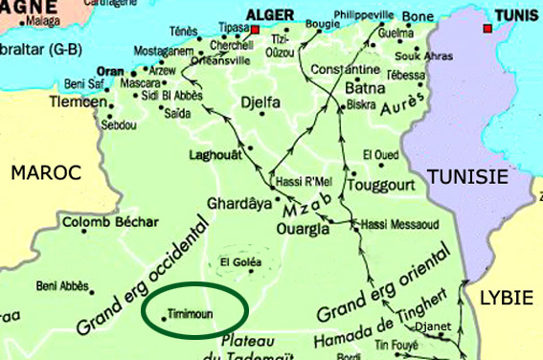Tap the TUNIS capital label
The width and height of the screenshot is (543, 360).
coord(516,15)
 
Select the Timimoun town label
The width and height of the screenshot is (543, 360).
coord(189,313)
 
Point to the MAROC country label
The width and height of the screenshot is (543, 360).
coord(45,173)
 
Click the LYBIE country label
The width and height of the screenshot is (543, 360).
coord(505,297)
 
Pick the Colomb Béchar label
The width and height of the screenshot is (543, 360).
coord(111,222)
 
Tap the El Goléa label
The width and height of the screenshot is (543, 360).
coord(238,261)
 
